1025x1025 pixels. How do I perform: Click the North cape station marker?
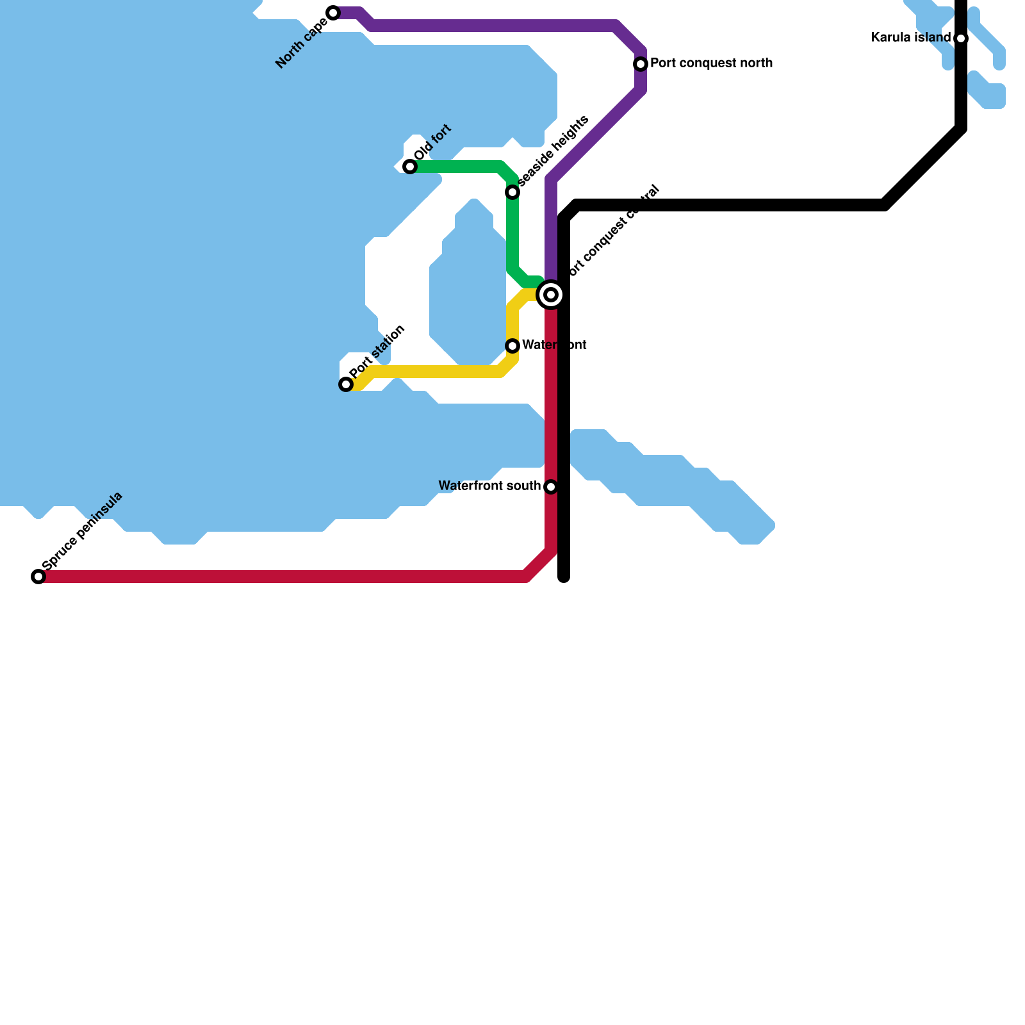[x=333, y=13]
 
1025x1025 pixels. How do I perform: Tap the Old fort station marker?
[x=410, y=167]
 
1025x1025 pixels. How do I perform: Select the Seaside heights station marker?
[x=512, y=192]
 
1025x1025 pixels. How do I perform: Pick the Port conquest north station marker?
[x=641, y=64]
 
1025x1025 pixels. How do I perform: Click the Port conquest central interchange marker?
[x=551, y=295]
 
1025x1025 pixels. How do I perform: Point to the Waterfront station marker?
[x=512, y=346]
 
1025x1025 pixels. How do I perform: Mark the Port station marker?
[x=346, y=384]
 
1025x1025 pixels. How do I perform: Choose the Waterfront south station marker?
[x=551, y=487]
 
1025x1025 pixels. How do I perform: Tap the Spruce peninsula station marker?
[x=38, y=577]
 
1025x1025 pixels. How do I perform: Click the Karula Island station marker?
[x=961, y=38]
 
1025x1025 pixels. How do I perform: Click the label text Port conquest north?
[x=711, y=63]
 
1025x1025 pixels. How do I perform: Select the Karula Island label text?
[x=910, y=38]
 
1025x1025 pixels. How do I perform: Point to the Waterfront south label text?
[x=489, y=486]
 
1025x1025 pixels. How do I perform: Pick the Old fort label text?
[x=433, y=142]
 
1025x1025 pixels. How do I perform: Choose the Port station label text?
[x=377, y=352]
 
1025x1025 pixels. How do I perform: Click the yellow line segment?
[x=436, y=372]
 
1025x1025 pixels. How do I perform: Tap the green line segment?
[x=461, y=167]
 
